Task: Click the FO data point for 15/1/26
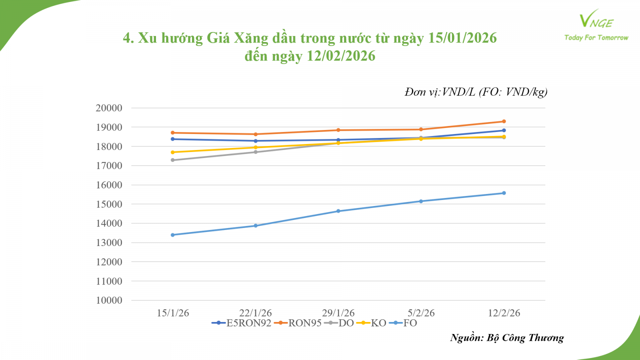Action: tap(173, 235)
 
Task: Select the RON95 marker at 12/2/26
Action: tap(504, 121)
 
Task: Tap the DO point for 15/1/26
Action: tap(173, 160)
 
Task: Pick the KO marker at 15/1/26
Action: tap(173, 152)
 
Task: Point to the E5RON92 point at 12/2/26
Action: tap(504, 130)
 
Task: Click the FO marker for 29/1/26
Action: tap(338, 211)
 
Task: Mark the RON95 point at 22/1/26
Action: tap(256, 134)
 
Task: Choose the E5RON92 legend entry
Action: tap(242, 323)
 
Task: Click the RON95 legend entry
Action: tap(298, 323)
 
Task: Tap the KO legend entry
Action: tap(372, 323)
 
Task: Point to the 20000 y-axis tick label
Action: tap(109, 108)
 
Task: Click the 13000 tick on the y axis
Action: tap(109, 243)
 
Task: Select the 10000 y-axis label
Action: tap(109, 300)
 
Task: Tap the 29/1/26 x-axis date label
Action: tap(338, 313)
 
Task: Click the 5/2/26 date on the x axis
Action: tap(421, 313)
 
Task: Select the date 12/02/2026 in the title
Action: tap(341, 56)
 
